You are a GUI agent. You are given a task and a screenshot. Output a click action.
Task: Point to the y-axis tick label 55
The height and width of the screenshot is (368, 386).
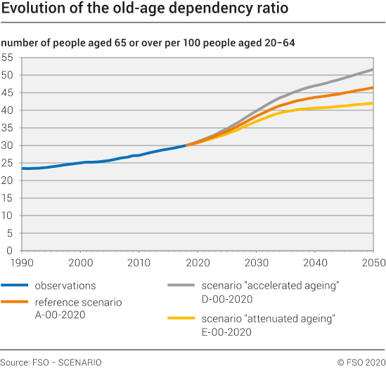pos(8,58)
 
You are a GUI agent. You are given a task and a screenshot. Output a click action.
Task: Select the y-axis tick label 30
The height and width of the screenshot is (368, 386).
pos(8,145)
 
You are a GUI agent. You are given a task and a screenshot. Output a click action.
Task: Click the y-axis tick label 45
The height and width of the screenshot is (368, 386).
pos(8,93)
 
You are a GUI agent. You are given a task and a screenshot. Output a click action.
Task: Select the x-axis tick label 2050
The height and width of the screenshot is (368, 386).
pos(372,262)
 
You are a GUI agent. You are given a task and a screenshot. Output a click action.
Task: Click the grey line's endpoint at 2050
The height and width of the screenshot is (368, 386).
pos(372,70)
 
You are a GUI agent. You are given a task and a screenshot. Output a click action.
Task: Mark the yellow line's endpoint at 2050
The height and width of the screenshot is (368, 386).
pos(372,103)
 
